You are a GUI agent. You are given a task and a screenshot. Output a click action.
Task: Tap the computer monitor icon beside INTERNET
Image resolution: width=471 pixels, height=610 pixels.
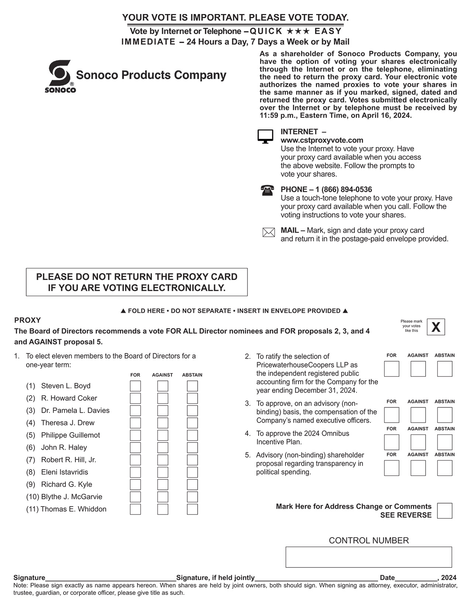[x=265, y=136]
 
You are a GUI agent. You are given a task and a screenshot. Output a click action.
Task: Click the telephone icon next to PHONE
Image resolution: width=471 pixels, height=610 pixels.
[x=267, y=190]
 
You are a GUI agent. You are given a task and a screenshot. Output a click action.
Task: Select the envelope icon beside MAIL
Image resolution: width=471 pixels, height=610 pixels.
[x=269, y=233]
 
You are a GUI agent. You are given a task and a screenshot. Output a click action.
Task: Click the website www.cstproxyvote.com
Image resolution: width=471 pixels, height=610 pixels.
[x=322, y=140]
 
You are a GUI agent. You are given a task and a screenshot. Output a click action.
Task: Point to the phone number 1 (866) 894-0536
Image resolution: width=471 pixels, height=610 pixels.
[x=344, y=190]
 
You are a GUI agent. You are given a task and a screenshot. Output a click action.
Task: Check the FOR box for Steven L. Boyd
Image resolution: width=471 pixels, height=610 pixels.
[x=135, y=386]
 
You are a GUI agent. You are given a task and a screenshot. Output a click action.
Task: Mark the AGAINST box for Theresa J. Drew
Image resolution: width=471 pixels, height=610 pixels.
[x=163, y=423]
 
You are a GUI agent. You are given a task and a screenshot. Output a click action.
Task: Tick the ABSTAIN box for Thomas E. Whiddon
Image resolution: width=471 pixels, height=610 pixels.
[x=192, y=509]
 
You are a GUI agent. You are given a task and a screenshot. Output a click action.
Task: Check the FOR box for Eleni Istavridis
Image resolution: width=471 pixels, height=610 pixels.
[x=135, y=472]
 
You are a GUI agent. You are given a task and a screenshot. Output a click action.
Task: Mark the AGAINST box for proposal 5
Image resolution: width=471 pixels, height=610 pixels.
[x=418, y=468]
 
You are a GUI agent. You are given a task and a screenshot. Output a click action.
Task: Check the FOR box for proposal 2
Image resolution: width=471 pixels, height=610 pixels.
[x=392, y=369]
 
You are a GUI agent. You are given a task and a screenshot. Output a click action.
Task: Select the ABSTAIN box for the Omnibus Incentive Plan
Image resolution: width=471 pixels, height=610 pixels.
[x=444, y=442]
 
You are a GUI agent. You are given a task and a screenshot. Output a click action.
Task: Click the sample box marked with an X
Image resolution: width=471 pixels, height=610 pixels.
[x=436, y=327]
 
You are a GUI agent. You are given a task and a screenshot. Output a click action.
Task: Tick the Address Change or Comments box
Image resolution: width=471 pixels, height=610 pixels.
[x=444, y=511]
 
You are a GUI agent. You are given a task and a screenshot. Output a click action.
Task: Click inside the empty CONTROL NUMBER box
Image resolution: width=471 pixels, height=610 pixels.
[x=368, y=557]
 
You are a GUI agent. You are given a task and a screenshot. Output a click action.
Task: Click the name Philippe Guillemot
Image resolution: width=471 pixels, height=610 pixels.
[x=70, y=435]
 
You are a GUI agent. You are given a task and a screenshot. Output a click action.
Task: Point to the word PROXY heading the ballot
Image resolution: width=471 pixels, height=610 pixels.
[x=27, y=320]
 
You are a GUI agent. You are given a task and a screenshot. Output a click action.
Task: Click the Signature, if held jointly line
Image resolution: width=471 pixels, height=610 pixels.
[x=316, y=578]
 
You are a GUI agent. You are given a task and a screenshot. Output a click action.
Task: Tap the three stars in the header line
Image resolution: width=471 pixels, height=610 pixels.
[x=298, y=31]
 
